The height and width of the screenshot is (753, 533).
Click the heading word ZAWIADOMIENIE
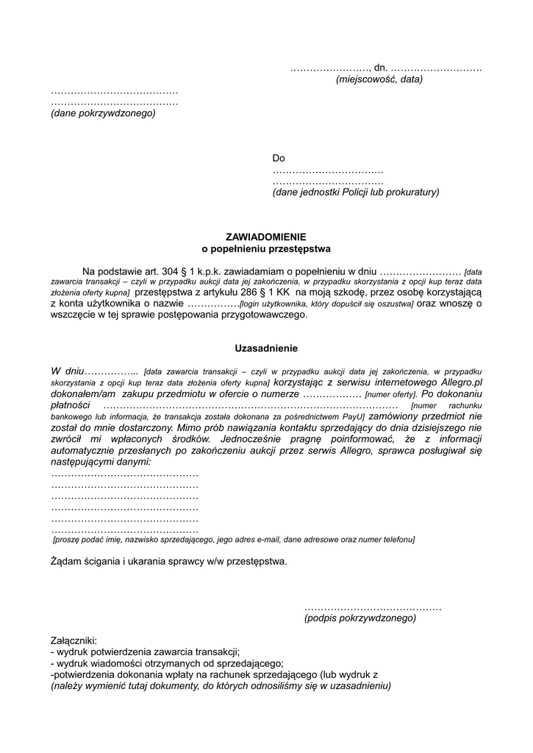tap(266, 238)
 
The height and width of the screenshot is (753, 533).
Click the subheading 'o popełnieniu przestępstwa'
tap(266, 249)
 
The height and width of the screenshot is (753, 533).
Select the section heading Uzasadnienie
tap(266, 348)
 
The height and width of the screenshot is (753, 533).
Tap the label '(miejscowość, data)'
tap(379, 79)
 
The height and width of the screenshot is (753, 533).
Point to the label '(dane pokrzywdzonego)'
tap(103, 114)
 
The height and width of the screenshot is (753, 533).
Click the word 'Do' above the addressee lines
tap(279, 158)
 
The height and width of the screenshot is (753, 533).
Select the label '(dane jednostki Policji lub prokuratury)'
tap(355, 193)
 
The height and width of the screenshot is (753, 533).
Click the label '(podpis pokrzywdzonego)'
tap(360, 618)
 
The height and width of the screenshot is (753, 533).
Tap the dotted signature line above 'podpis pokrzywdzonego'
tap(372, 607)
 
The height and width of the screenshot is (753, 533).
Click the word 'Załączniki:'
tap(74, 640)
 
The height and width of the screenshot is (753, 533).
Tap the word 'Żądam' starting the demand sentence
tap(65, 562)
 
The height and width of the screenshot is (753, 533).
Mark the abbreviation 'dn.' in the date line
tap(380, 68)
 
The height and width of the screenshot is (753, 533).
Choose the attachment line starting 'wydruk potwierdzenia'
tap(147, 652)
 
